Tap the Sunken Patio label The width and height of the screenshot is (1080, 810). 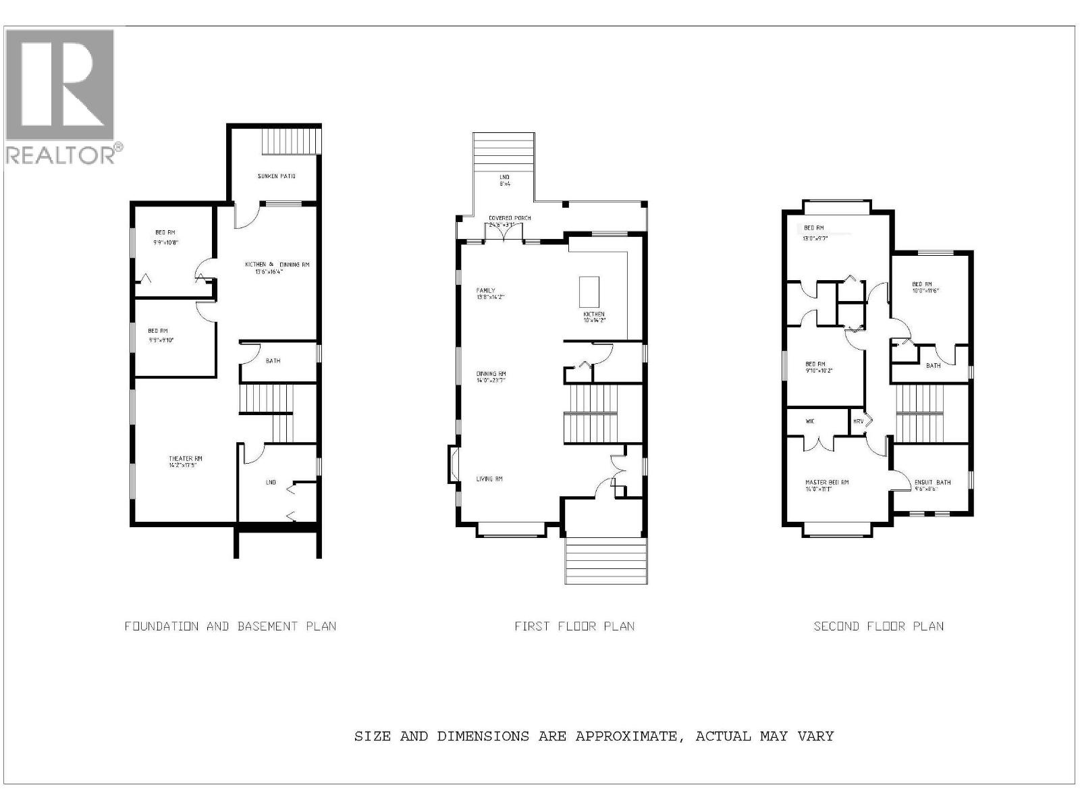[x=277, y=176]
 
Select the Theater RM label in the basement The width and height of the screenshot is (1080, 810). [x=186, y=459]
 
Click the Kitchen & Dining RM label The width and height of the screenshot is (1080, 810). [x=277, y=265]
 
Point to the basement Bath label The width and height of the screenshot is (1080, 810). [x=273, y=361]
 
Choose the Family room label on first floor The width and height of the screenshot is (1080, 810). [x=485, y=291]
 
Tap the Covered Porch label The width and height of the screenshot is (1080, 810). [x=510, y=218]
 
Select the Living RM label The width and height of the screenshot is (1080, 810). [x=489, y=479]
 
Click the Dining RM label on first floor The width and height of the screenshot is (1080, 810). [x=491, y=374]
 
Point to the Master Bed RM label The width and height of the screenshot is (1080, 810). [x=827, y=483]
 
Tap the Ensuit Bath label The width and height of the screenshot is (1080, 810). [x=932, y=483]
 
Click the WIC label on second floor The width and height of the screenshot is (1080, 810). [x=810, y=421]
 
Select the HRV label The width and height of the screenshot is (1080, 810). [x=859, y=421]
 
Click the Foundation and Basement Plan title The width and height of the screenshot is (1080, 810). [x=230, y=626]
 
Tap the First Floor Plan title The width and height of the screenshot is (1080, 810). [x=574, y=626]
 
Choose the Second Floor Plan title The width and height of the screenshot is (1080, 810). [x=878, y=626]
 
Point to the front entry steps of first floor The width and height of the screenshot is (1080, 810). [x=605, y=560]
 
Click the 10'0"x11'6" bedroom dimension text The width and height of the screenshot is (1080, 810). [x=925, y=291]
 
